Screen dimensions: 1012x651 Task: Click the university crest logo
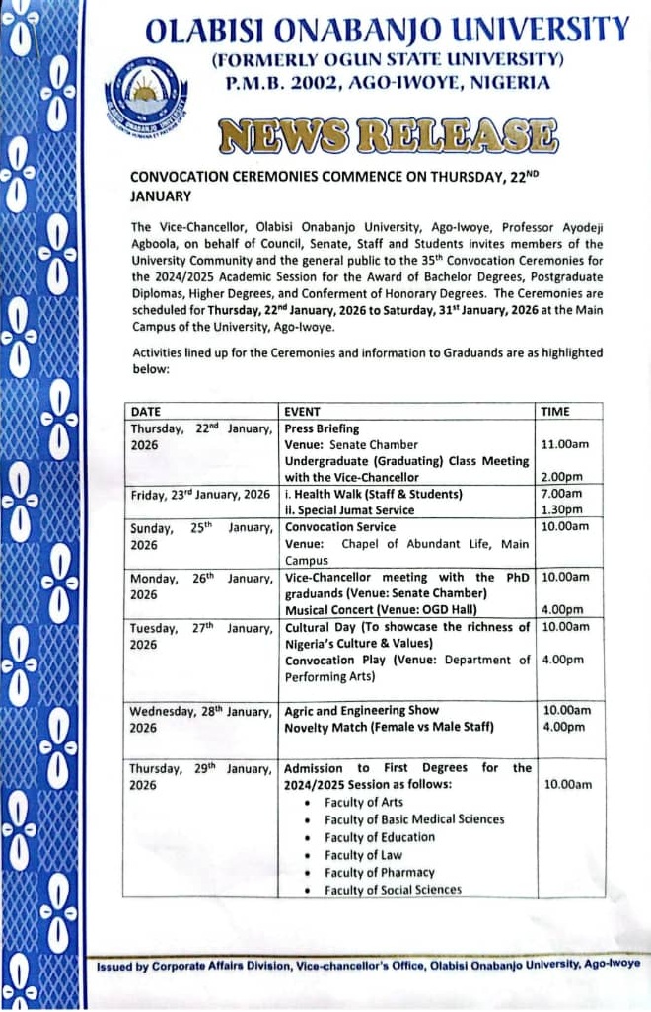point(144,92)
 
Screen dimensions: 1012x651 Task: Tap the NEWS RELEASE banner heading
point(387,136)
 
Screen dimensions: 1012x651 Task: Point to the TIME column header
point(556,411)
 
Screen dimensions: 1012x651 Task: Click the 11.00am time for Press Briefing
point(566,444)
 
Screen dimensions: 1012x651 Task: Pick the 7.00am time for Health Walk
point(562,493)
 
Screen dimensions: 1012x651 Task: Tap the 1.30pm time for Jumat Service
point(562,509)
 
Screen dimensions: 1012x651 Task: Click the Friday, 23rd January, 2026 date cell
point(200,494)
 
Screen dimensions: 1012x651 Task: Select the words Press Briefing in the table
point(322,428)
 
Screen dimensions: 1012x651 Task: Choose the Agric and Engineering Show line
point(362,710)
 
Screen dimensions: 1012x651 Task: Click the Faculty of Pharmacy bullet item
point(379,873)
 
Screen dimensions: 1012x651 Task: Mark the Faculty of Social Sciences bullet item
point(393,890)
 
